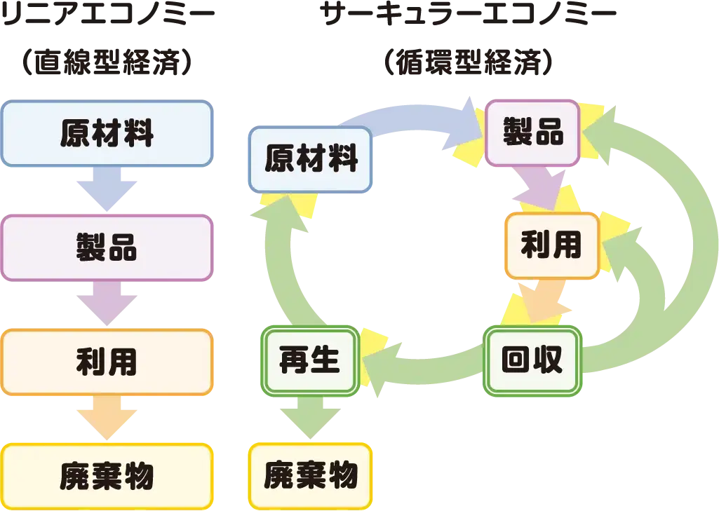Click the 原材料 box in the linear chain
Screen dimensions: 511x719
[x=107, y=133]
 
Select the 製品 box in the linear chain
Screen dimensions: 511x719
[x=107, y=247]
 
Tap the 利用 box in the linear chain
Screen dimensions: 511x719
[x=107, y=362]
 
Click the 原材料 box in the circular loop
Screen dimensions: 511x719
[x=310, y=159]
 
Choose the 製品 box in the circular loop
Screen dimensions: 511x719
[x=532, y=132]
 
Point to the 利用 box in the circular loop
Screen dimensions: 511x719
[x=551, y=245]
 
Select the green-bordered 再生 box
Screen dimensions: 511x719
[x=310, y=360]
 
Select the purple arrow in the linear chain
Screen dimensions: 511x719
[x=107, y=304]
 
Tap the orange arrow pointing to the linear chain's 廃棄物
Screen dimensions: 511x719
[x=107, y=418]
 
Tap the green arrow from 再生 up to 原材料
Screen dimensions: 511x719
[x=281, y=273]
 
